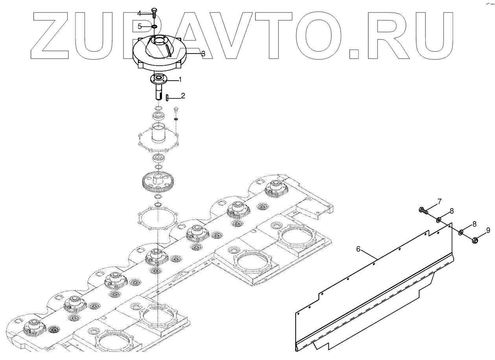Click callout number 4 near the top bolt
pyautogui.click(x=150, y=13)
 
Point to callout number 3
pyautogui.click(x=203, y=54)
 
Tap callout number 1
pyautogui.click(x=180, y=79)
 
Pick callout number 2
pyautogui.click(x=183, y=96)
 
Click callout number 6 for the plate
pyautogui.click(x=358, y=249)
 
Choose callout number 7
pyautogui.click(x=439, y=201)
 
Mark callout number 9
pyautogui.click(x=488, y=230)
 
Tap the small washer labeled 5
pyautogui.click(x=154, y=27)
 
